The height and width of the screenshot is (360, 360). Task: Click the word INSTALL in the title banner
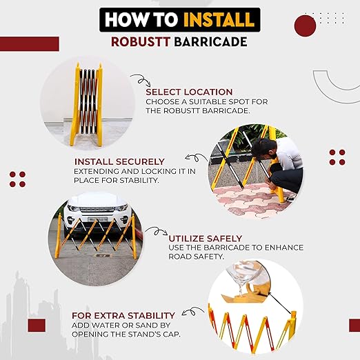(219, 19)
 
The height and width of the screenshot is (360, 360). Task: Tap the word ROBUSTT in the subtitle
(141, 42)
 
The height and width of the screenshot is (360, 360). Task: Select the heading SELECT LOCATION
(189, 92)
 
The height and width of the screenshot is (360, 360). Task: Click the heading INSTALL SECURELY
(119, 161)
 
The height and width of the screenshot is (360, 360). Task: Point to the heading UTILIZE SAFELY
(206, 239)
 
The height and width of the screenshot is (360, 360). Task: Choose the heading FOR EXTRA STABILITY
(123, 316)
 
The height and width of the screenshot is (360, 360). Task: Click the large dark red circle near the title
(305, 26)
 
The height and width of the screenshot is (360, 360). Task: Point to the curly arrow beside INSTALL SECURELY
(196, 157)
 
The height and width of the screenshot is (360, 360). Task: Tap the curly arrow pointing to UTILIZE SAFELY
(157, 231)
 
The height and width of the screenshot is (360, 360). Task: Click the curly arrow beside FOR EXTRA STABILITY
(192, 312)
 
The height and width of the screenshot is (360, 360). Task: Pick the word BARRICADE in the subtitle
(210, 42)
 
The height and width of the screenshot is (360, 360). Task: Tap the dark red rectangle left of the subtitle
(30, 43)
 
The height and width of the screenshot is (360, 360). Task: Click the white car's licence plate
(98, 219)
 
